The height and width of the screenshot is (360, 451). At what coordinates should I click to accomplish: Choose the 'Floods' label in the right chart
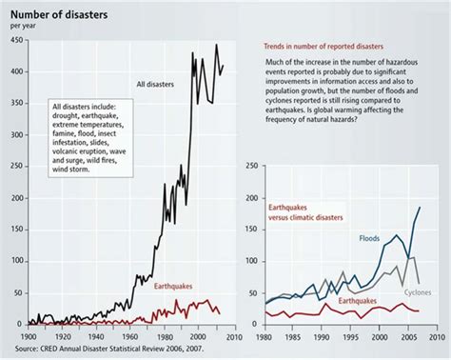pos(368,237)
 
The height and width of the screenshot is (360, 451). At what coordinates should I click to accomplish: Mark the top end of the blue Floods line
pos(420,207)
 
